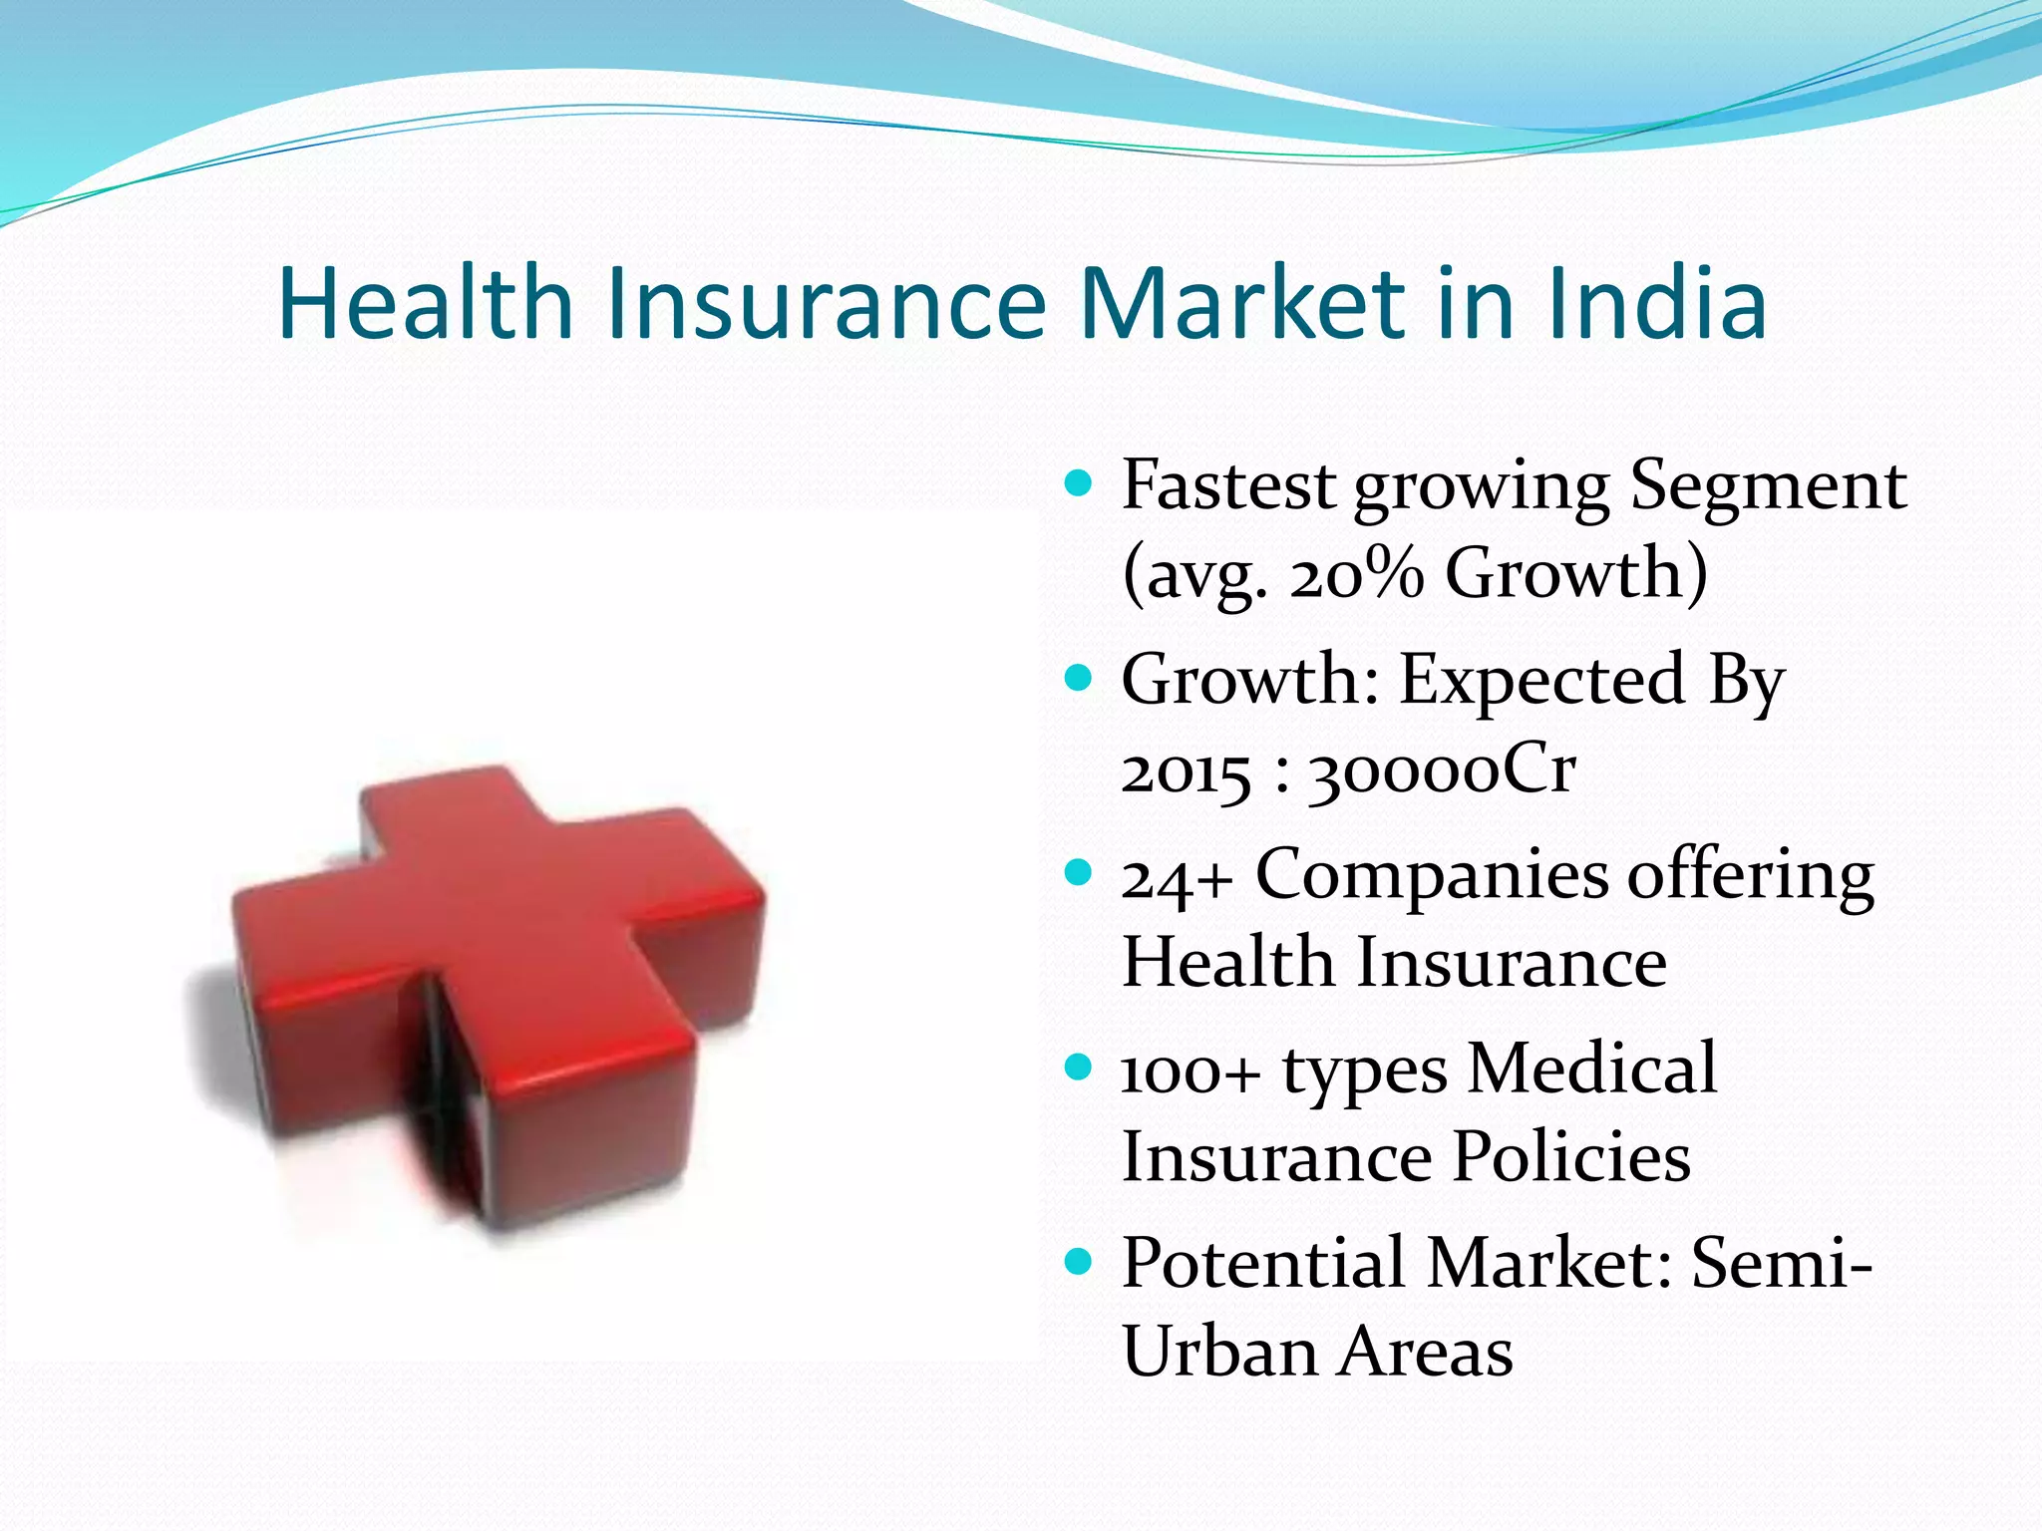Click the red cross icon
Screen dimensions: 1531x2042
point(499,997)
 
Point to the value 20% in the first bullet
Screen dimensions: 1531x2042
point(1357,574)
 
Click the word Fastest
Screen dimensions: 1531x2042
point(1229,485)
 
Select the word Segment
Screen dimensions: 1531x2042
point(1768,485)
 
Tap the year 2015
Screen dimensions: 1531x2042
point(1186,772)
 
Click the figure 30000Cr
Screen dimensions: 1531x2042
point(1442,772)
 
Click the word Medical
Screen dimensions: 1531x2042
point(1593,1070)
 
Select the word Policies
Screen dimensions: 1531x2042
point(1571,1157)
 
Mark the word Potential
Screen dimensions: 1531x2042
point(1263,1264)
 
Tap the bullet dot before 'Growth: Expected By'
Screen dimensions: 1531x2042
point(1078,680)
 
